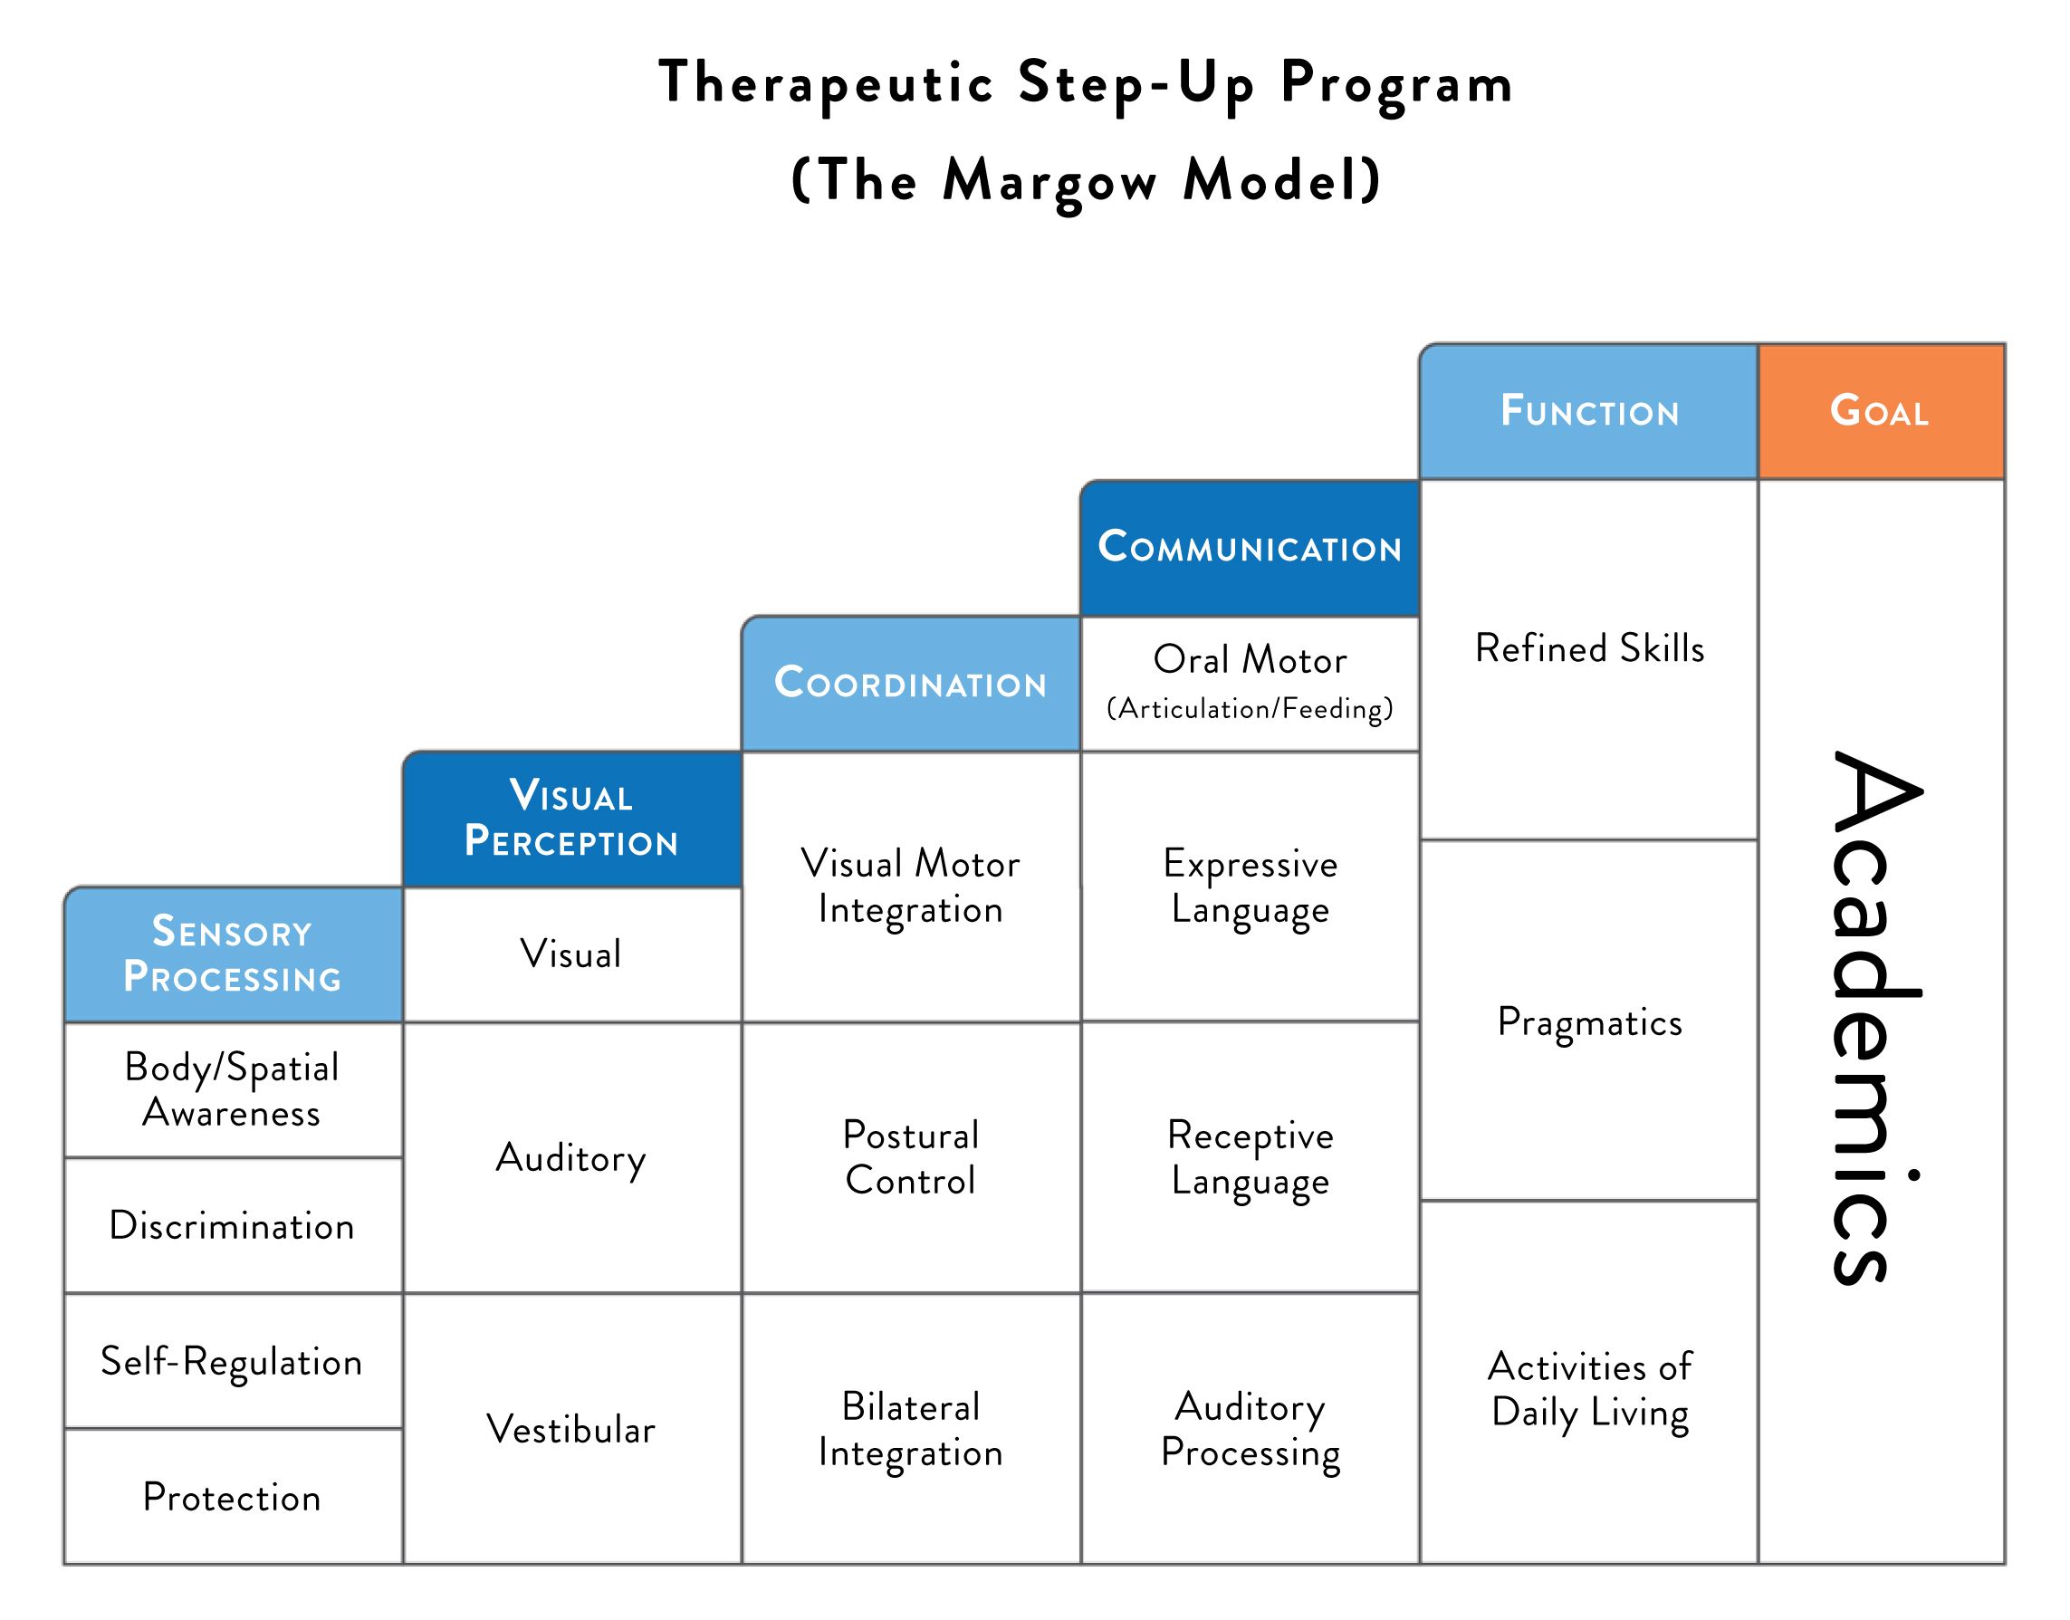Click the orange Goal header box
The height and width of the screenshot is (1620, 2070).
pyautogui.click(x=1881, y=411)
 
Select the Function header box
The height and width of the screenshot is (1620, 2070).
pyautogui.click(x=1588, y=411)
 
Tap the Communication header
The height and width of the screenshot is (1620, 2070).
pyautogui.click(x=1249, y=547)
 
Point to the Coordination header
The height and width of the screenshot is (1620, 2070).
pyautogui.click(x=910, y=683)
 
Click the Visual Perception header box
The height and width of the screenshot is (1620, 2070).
pyautogui.click(x=570, y=819)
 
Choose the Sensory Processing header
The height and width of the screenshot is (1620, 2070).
pyautogui.click(x=233, y=954)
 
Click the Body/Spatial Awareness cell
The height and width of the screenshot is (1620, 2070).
pyautogui.click(x=233, y=1089)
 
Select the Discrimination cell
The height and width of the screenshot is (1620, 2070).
pyautogui.click(x=233, y=1225)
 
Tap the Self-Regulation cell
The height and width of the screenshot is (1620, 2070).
pyautogui.click(x=233, y=1361)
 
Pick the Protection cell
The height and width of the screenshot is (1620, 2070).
pyautogui.click(x=233, y=1497)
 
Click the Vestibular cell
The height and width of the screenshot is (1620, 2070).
pyautogui.click(x=570, y=1428)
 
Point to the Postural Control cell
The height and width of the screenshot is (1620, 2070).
pyautogui.click(x=910, y=1157)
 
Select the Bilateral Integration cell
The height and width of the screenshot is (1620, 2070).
pyautogui.click(x=910, y=1428)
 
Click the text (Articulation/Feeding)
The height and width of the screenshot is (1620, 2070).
pyautogui.click(x=1249, y=708)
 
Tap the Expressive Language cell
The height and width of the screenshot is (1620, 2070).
pyautogui.click(x=1249, y=886)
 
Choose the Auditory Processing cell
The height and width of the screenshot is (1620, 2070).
pyautogui.click(x=1249, y=1428)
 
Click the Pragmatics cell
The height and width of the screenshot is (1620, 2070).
pyautogui.click(x=1588, y=1021)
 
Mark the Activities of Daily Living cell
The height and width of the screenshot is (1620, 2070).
pyautogui.click(x=1588, y=1388)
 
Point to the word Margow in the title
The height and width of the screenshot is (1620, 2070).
pyautogui.click(x=1049, y=180)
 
